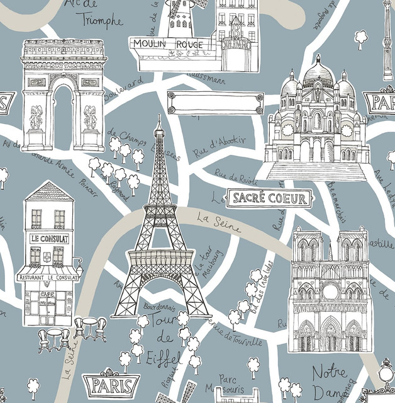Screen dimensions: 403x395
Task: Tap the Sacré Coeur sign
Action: pos(270,199)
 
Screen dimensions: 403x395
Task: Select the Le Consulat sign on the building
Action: pos(50,239)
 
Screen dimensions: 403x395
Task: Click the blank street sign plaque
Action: pos(214,101)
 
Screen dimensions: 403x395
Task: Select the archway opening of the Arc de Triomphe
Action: pos(63,116)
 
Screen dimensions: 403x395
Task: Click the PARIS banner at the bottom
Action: pos(112,384)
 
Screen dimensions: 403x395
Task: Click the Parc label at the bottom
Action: pos(227,378)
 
